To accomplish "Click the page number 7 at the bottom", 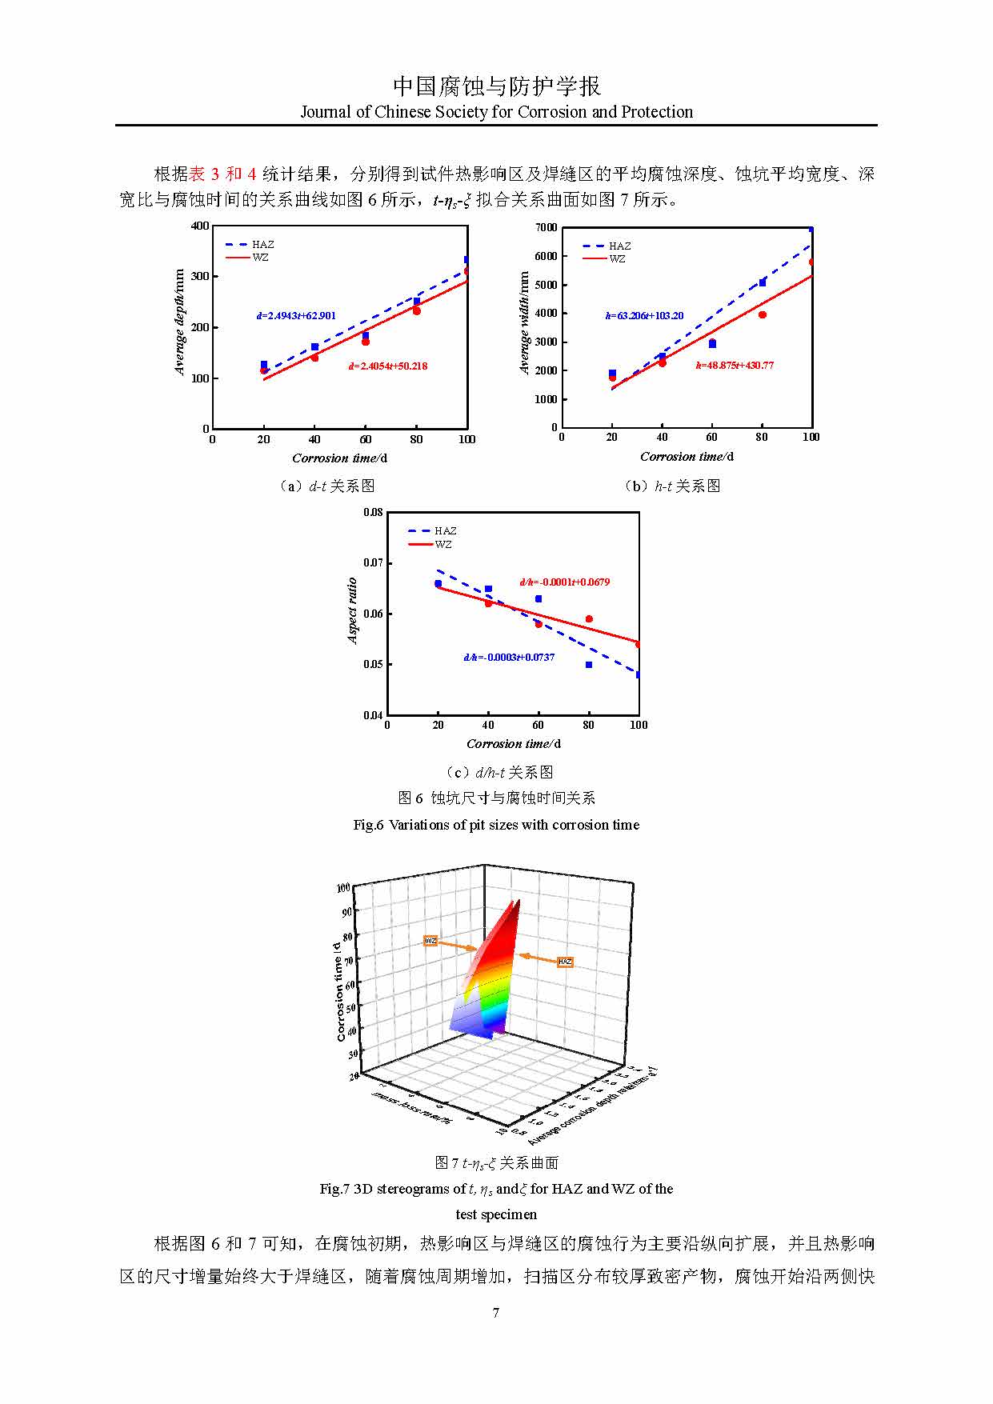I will point(496,1312).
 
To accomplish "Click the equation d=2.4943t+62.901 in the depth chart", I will point(296,316).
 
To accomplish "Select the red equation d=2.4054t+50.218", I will point(387,366).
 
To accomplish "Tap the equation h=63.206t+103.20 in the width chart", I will point(644,316).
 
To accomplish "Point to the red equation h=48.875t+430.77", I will point(735,366).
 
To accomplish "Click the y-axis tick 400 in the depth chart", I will point(200,226).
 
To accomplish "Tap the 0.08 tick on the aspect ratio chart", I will point(373,512).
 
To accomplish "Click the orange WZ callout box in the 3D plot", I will point(430,941).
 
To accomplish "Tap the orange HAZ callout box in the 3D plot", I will point(565,962).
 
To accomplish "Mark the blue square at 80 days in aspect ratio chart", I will point(589,665).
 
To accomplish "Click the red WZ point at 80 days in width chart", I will point(763,315).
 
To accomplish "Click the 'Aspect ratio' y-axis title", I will point(352,610).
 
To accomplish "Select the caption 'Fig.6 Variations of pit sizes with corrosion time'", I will point(496,825).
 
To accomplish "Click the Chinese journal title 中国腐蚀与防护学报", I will point(496,86).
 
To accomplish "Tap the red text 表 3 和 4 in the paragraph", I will point(222,174).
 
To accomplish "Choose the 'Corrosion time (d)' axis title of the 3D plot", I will point(340,991).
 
